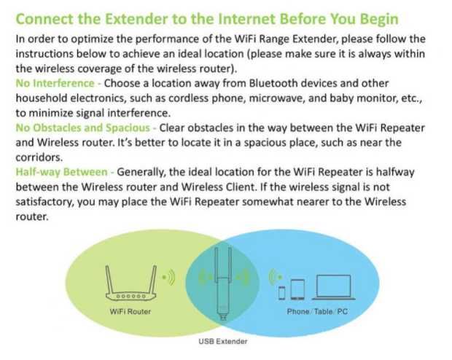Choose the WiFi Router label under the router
129,312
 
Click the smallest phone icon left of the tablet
282,292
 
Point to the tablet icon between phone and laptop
297,289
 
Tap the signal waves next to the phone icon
273,278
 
